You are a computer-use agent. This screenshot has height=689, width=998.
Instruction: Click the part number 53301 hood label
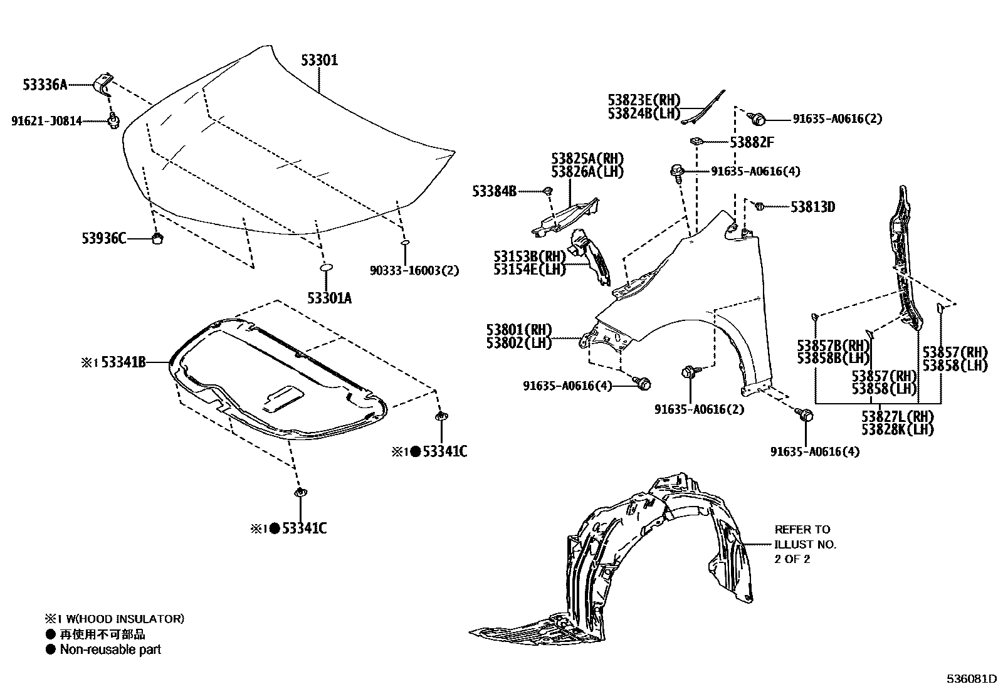[x=320, y=60]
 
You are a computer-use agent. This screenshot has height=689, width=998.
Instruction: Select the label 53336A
[x=45, y=85]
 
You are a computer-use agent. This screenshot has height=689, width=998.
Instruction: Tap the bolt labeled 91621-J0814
[x=113, y=120]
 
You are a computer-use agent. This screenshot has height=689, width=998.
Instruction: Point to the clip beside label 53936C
[x=158, y=238]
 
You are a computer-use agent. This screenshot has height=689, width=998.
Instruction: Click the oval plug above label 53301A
[x=326, y=268]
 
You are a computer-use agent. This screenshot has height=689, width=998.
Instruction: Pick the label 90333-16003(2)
[x=414, y=270]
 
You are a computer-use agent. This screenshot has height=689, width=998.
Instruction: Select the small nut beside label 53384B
[x=547, y=191]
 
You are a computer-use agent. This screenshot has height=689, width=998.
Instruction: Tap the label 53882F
[x=752, y=142]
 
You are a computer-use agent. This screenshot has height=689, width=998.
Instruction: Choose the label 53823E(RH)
[x=644, y=100]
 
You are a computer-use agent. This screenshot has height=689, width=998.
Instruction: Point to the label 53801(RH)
[x=518, y=330]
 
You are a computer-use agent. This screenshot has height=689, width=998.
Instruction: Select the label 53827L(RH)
[x=897, y=416]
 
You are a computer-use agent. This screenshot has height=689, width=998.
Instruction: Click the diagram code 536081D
[x=970, y=678]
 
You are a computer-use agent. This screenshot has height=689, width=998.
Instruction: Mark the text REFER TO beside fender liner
[x=802, y=529]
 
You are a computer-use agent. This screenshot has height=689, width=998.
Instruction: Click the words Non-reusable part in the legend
[x=110, y=650]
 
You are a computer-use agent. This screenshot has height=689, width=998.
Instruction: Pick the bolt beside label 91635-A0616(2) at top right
[x=758, y=118]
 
